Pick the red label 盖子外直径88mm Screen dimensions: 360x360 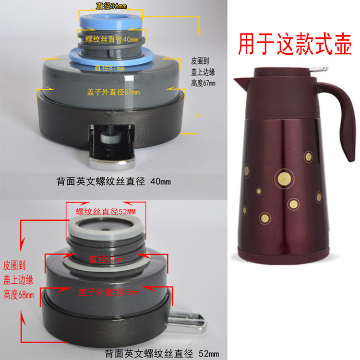click(x=109, y=291)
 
